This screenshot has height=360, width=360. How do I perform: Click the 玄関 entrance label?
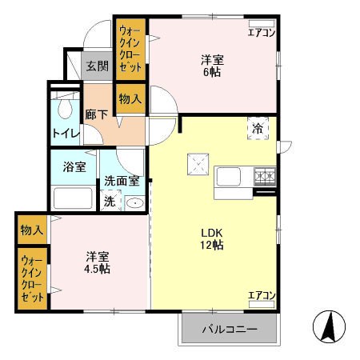tap(98, 66)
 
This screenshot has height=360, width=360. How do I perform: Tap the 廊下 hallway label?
tap(97, 114)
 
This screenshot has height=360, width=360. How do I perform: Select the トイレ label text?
tap(65, 133)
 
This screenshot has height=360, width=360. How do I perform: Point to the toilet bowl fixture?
tap(64, 107)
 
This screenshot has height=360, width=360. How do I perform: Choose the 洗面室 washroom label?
tap(122, 182)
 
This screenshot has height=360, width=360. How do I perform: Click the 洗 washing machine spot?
tap(110, 202)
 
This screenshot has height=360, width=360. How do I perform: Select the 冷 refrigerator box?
tap(258, 128)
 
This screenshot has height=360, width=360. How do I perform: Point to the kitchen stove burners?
tap(265, 176)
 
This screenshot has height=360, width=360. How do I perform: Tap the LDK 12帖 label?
tap(212, 238)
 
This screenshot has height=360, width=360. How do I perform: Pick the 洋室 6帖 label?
tap(212, 65)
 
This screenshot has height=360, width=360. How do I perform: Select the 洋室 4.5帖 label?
tap(98, 262)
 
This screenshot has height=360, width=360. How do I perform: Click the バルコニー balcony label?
tap(229, 329)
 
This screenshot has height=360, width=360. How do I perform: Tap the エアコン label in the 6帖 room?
tap(261, 33)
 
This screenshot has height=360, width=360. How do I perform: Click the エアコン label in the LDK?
tap(261, 296)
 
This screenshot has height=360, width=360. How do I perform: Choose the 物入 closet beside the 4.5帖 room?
tap(31, 230)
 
